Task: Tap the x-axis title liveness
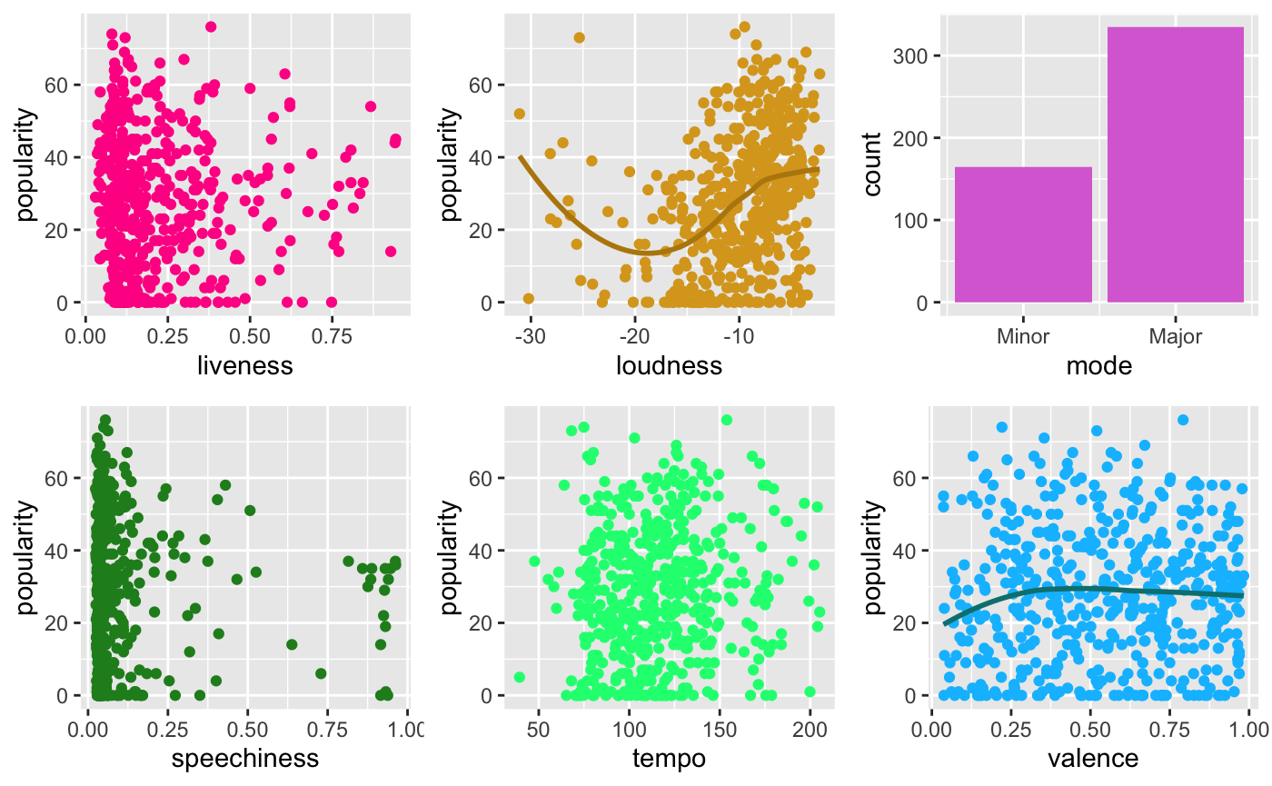[245, 365]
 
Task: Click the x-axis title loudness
[669, 365]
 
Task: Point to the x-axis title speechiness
[245, 758]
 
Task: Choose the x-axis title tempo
[669, 758]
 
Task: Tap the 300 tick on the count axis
[920, 56]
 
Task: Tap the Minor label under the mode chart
[1023, 336]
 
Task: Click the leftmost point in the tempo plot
[520, 677]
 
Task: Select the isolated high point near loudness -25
[579, 37]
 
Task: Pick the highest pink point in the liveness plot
[210, 26]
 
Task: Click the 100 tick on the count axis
[920, 221]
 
